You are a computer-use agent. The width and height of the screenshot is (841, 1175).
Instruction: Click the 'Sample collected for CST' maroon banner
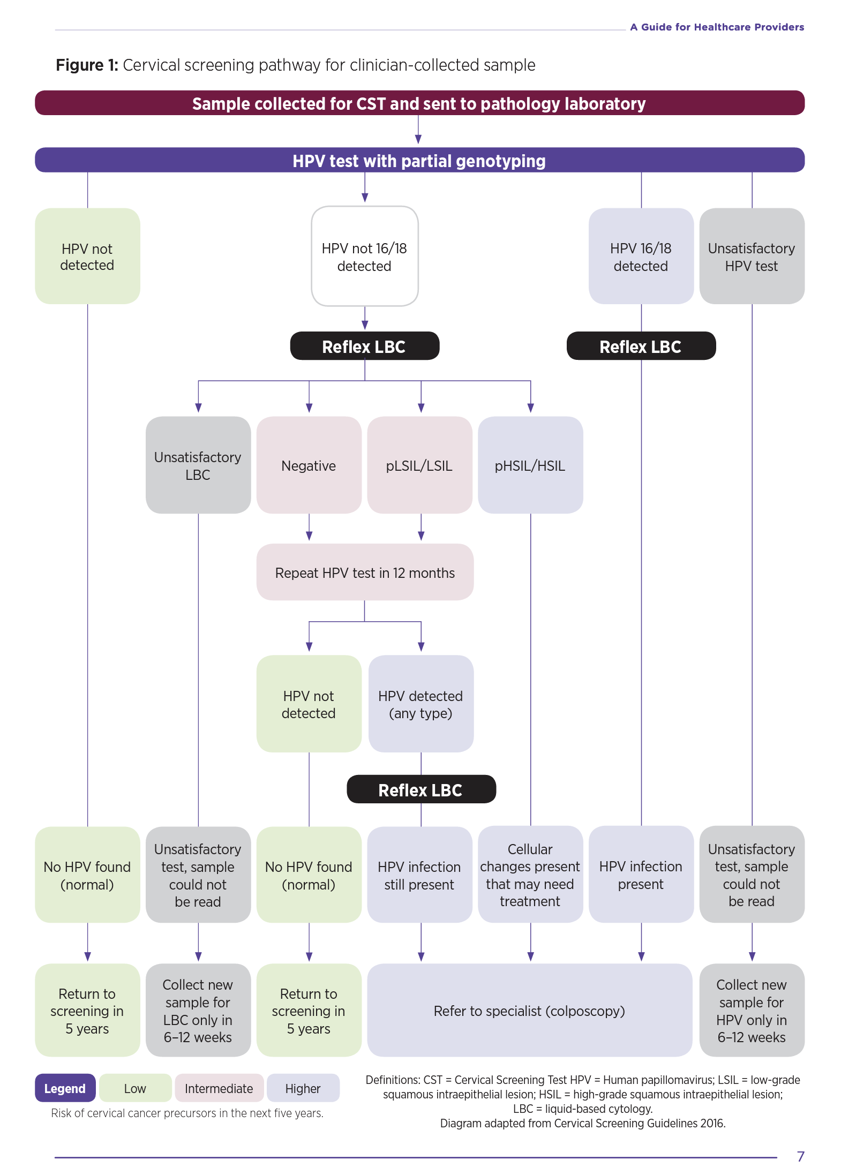[419, 103]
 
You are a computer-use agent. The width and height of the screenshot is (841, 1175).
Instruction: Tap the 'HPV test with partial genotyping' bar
[419, 161]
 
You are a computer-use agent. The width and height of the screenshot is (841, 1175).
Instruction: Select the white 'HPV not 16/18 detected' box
[364, 257]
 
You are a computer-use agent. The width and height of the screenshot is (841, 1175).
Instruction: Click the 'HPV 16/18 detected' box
[641, 257]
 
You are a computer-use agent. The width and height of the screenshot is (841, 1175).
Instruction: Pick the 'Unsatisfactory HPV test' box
[752, 257]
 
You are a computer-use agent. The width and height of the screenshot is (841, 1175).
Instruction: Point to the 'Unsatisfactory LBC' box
[198, 465]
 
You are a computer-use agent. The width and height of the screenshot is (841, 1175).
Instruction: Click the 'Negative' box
[309, 465]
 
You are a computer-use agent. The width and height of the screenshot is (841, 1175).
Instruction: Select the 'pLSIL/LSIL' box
[419, 465]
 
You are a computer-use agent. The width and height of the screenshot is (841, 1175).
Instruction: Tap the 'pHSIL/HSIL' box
[530, 465]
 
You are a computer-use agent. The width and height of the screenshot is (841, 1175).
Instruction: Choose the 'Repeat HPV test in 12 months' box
[365, 573]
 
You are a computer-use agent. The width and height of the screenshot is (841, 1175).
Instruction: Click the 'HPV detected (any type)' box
[420, 704]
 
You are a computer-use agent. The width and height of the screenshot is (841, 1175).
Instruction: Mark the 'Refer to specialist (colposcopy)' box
[529, 1011]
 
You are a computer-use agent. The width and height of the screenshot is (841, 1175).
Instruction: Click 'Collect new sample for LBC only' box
[198, 1011]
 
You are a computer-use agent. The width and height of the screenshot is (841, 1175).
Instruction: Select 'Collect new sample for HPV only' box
[752, 1011]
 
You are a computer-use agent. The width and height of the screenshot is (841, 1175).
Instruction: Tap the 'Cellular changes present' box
[530, 875]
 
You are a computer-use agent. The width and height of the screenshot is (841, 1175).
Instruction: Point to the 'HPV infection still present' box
[419, 875]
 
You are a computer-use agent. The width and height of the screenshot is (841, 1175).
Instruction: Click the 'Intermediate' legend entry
[219, 1088]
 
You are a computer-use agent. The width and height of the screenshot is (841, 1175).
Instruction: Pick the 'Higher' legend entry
[303, 1088]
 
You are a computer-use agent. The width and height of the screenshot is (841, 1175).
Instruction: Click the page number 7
[800, 1156]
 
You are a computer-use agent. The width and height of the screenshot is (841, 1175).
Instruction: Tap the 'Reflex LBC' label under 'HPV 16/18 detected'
[641, 347]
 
